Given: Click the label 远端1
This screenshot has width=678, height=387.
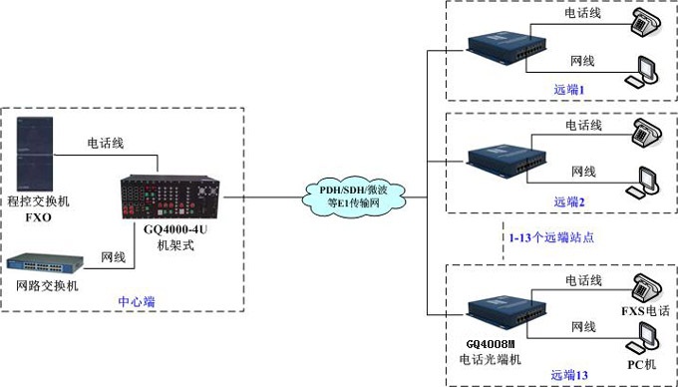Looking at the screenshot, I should click(x=570, y=89).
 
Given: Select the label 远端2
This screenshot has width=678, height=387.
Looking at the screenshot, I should click(x=570, y=201).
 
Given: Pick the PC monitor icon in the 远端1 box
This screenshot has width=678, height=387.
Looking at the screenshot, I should click(x=641, y=71).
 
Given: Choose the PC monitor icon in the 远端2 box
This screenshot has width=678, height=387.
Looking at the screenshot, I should click(x=641, y=184).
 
